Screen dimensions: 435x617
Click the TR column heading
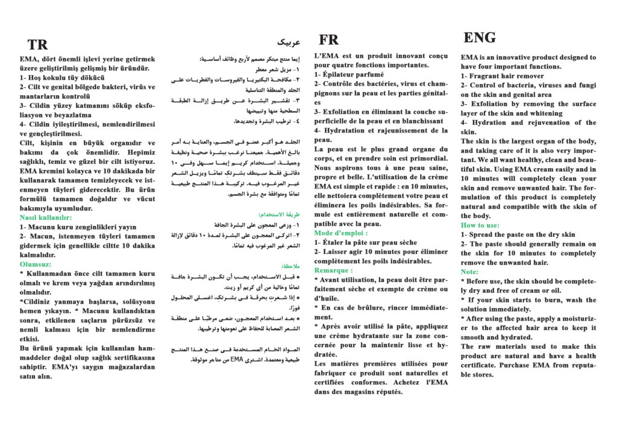37,45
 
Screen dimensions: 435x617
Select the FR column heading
328,40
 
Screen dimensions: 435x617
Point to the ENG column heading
480,37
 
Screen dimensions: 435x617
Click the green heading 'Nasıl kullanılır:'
46,217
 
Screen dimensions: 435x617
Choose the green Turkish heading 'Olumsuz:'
36,264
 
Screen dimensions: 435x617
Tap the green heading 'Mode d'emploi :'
340,233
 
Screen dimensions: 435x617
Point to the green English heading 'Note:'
469,272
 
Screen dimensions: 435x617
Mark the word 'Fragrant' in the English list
488,77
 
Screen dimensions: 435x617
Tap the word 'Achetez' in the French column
407,383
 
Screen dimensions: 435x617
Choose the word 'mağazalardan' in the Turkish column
124,367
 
